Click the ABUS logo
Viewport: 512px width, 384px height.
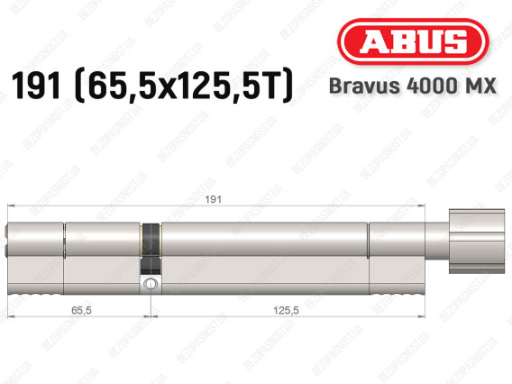[413, 41]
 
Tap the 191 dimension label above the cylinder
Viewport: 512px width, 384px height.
[213, 199]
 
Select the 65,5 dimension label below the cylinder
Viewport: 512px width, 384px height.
[81, 310]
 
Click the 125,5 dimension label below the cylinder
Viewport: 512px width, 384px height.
[286, 310]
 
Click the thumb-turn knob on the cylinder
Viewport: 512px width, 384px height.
[477, 242]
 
